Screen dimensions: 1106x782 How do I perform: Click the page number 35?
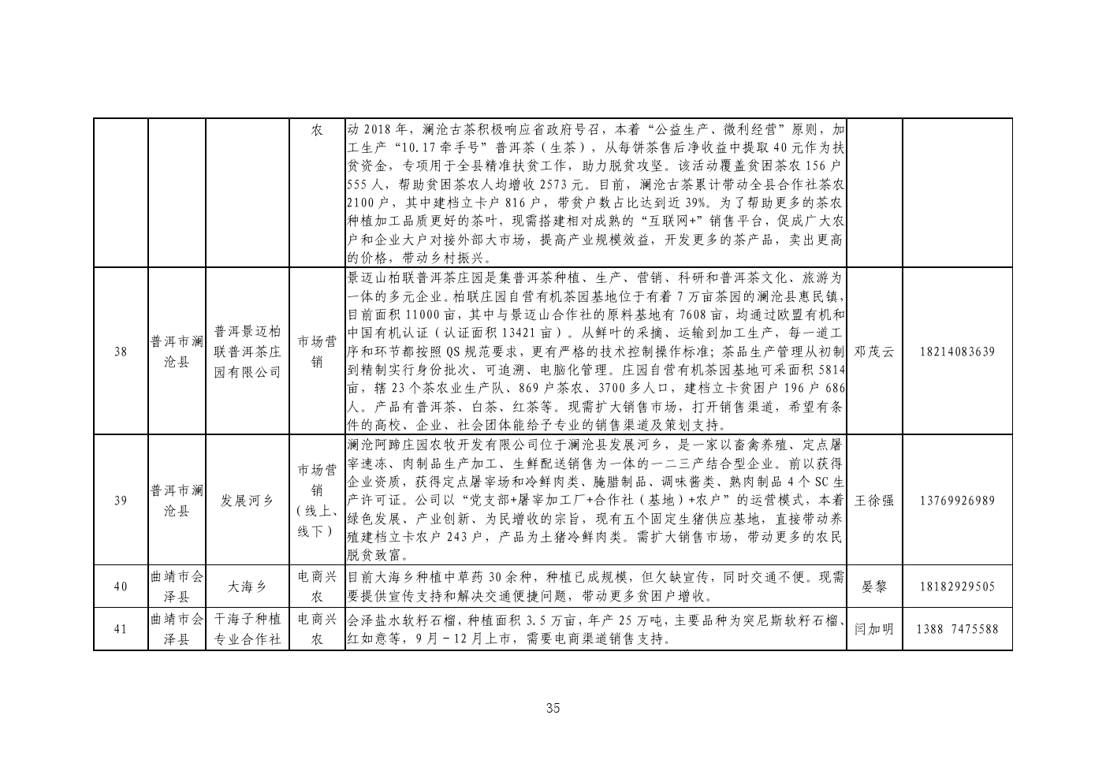click(x=553, y=709)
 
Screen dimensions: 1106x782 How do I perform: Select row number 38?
click(x=121, y=352)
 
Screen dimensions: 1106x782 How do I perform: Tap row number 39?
click(x=121, y=501)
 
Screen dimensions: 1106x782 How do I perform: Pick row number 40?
click(x=121, y=586)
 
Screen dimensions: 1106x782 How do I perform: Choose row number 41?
click(x=121, y=629)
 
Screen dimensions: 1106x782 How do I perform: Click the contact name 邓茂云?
click(x=874, y=352)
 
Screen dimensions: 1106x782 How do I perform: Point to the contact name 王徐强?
click(x=874, y=501)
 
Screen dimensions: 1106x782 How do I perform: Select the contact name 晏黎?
click(x=874, y=586)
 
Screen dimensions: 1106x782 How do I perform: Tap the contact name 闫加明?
click(x=874, y=629)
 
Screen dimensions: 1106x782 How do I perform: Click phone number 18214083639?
click(x=957, y=352)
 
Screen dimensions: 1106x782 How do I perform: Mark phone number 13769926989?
click(x=957, y=501)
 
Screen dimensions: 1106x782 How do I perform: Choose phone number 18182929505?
click(x=957, y=586)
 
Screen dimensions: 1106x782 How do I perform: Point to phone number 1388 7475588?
click(x=957, y=629)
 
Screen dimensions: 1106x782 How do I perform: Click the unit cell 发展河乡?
click(x=247, y=501)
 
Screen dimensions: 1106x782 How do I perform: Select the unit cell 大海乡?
click(x=247, y=586)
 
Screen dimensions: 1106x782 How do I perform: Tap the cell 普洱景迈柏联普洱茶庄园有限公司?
click(x=248, y=352)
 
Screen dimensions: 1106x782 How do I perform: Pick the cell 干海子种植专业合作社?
click(x=248, y=629)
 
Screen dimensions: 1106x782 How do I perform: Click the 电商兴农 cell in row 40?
click(x=317, y=586)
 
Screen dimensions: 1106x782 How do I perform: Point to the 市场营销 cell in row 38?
click(x=317, y=352)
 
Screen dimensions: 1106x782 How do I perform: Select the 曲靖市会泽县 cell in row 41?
click(x=177, y=629)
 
